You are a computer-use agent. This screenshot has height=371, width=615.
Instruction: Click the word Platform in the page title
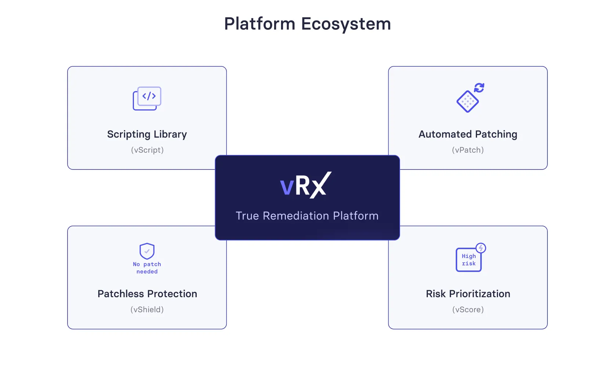pos(259,23)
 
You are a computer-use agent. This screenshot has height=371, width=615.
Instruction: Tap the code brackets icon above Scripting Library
pos(147,98)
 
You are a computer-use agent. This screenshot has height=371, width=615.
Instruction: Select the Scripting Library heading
pos(147,134)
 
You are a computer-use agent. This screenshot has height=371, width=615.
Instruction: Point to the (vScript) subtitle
pos(147,150)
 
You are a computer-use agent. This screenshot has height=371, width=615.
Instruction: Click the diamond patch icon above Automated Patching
pos(467,102)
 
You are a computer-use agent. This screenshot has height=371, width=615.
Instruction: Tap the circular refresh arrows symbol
pos(479,88)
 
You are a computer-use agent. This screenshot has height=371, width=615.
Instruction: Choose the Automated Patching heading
pos(468,134)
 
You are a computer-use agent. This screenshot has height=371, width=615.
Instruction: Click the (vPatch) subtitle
pos(468,150)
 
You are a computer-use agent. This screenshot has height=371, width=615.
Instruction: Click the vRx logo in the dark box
pos(306,185)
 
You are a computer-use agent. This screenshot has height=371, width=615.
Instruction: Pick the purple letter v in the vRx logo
pos(287,187)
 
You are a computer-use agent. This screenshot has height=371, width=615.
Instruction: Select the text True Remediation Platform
pos(307,216)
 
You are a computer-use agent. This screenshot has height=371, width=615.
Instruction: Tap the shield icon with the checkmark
pos(147,251)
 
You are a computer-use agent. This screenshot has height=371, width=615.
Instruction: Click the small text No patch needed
pos(147,268)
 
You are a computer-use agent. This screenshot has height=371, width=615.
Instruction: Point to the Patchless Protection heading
pos(147,294)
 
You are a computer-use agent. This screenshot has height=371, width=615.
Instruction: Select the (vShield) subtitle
pos(147,309)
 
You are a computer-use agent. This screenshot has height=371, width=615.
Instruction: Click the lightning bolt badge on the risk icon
pos(481,248)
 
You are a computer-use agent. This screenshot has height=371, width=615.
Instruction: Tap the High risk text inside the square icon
pos(469,260)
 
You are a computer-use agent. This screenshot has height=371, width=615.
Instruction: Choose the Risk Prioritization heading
pos(468,294)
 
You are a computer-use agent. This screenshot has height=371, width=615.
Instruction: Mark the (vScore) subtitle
pos(468,309)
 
